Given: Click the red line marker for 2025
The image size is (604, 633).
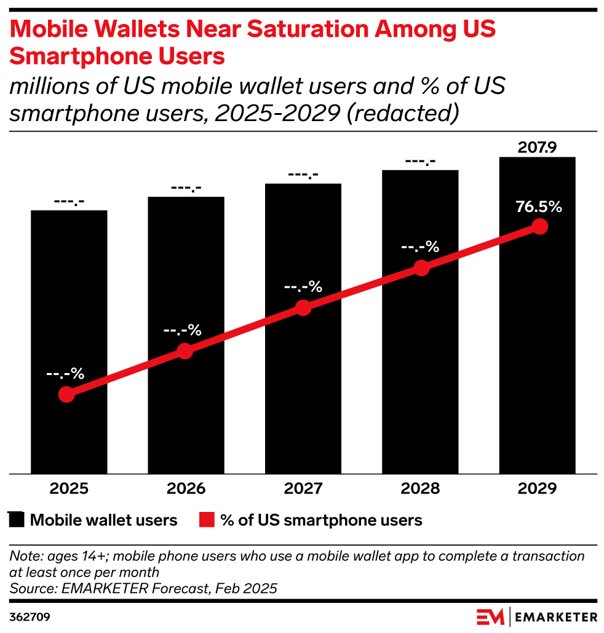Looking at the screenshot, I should pyautogui.click(x=66, y=395).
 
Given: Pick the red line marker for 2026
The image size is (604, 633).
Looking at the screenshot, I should pyautogui.click(x=185, y=351).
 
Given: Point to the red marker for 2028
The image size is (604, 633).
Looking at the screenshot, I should pyautogui.click(x=421, y=268).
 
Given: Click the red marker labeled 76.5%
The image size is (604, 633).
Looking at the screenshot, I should pyautogui.click(x=539, y=227).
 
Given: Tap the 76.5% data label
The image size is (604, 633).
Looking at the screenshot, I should pyautogui.click(x=539, y=206).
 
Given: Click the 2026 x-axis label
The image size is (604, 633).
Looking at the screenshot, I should pyautogui.click(x=186, y=489).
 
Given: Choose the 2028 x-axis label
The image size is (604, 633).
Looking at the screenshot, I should pyautogui.click(x=420, y=489).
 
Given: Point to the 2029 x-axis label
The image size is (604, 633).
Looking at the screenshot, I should pyautogui.click(x=537, y=489).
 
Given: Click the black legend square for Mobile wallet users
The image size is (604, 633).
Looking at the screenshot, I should pyautogui.click(x=17, y=521).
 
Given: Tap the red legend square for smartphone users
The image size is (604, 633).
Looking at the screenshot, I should pyautogui.click(x=207, y=521).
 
